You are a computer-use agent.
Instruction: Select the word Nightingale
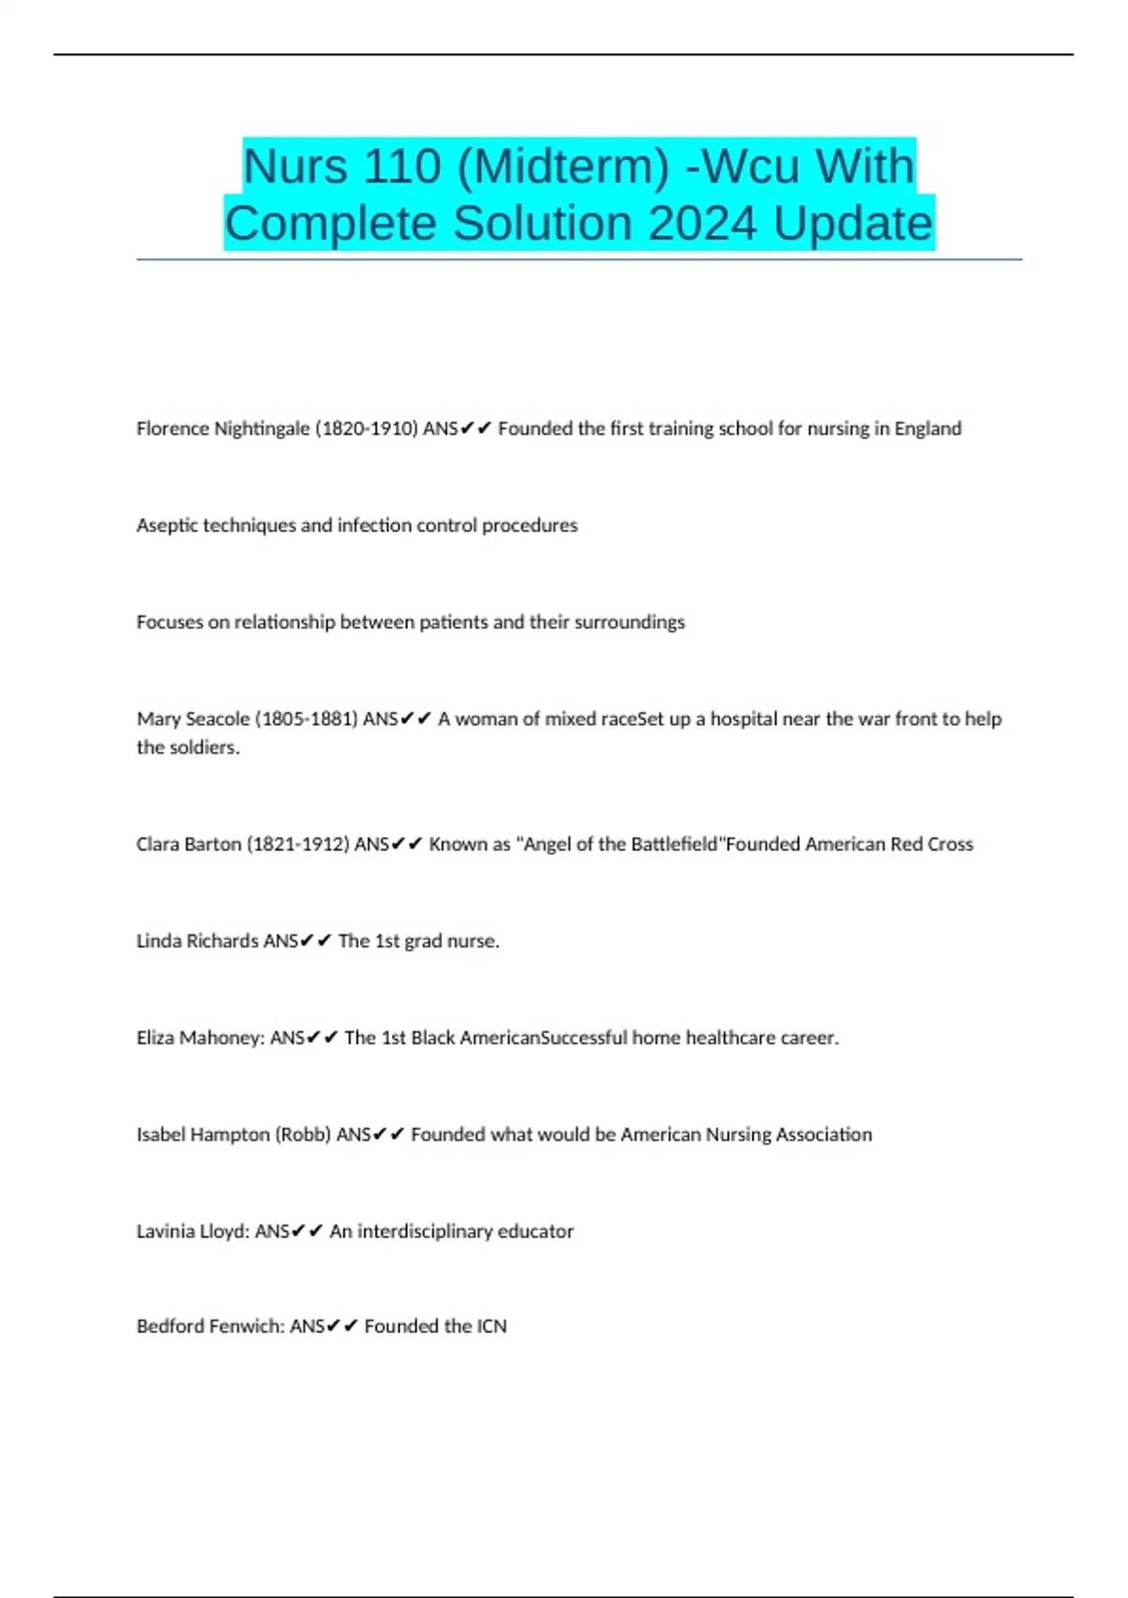[x=262, y=429]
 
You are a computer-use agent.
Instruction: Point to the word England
[x=928, y=429]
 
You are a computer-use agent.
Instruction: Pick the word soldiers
[x=204, y=747]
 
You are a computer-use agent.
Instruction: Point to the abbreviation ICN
[x=492, y=1326]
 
